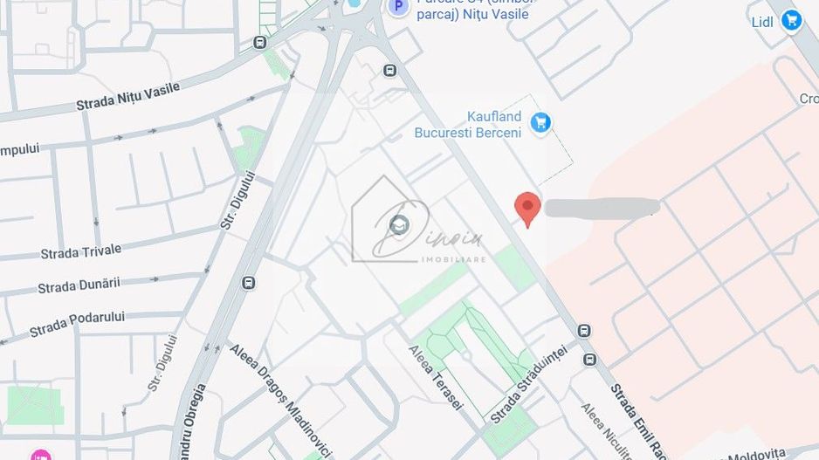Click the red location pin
(526, 208)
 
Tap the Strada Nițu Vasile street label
(127, 96)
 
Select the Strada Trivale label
(81, 251)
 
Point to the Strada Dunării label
(79, 285)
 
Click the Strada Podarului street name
(77, 324)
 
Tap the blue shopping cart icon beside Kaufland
(541, 123)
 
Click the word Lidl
(763, 22)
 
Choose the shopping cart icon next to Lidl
(792, 20)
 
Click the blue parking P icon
(398, 7)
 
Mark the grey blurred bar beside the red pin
(601, 208)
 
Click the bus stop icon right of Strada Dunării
(249, 283)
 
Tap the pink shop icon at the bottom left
(40, 455)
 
